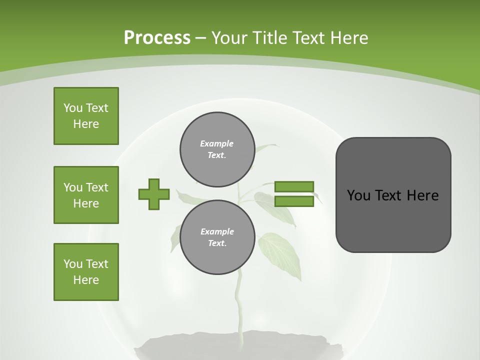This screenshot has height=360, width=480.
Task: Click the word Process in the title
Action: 157,37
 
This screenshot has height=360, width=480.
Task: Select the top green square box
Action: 86,116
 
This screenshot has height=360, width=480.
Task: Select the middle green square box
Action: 86,195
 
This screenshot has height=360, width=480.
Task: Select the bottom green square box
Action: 86,272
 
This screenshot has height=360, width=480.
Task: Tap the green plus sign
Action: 154,194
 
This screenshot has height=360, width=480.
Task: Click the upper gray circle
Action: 217,149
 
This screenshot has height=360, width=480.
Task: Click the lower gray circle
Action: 217,237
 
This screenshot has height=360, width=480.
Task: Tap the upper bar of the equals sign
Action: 294,186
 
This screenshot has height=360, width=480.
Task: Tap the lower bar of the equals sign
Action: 294,201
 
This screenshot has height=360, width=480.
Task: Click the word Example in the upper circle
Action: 216,143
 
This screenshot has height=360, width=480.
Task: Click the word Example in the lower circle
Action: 217,231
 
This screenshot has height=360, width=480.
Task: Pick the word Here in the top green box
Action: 86,124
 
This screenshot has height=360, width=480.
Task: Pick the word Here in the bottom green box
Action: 86,280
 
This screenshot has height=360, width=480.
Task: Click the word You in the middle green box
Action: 72,187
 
